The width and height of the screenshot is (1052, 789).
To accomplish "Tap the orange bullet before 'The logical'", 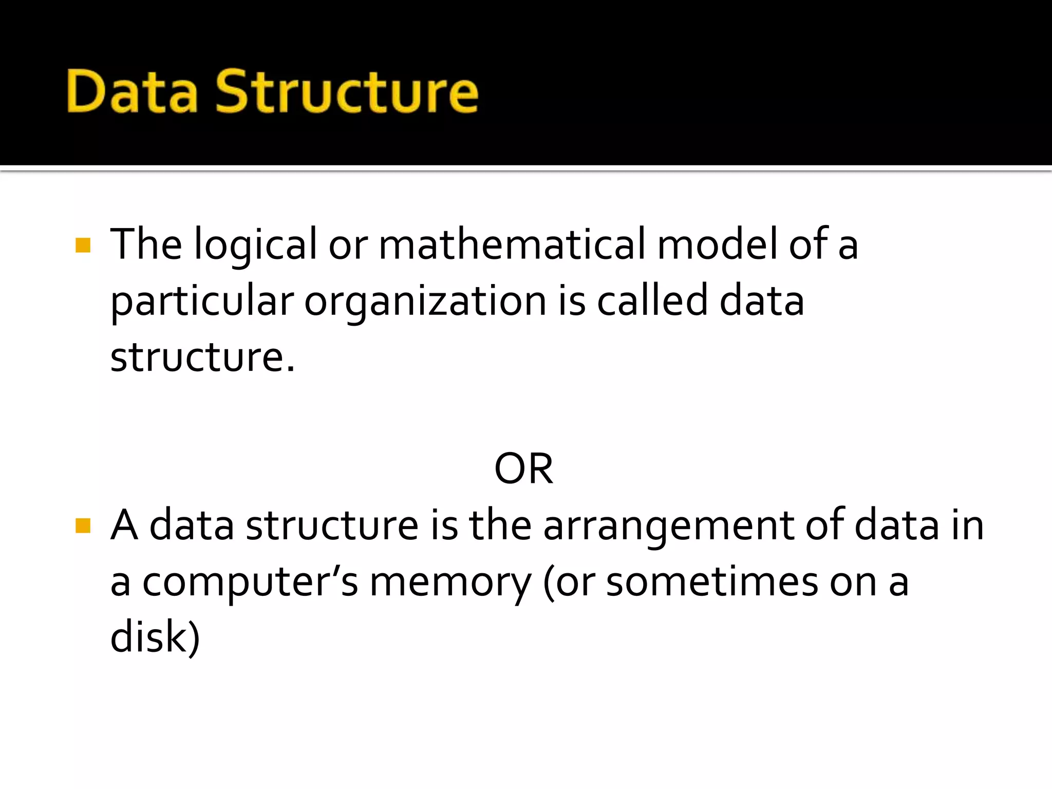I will [83, 245].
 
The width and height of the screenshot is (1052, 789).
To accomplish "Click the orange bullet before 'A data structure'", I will [83, 525].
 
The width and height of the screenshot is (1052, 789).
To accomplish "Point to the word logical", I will [255, 246].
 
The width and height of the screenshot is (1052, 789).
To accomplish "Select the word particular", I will [202, 302].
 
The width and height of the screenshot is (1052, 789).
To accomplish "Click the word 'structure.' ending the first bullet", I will [203, 358].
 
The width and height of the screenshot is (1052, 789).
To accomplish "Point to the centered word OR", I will [523, 468].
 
